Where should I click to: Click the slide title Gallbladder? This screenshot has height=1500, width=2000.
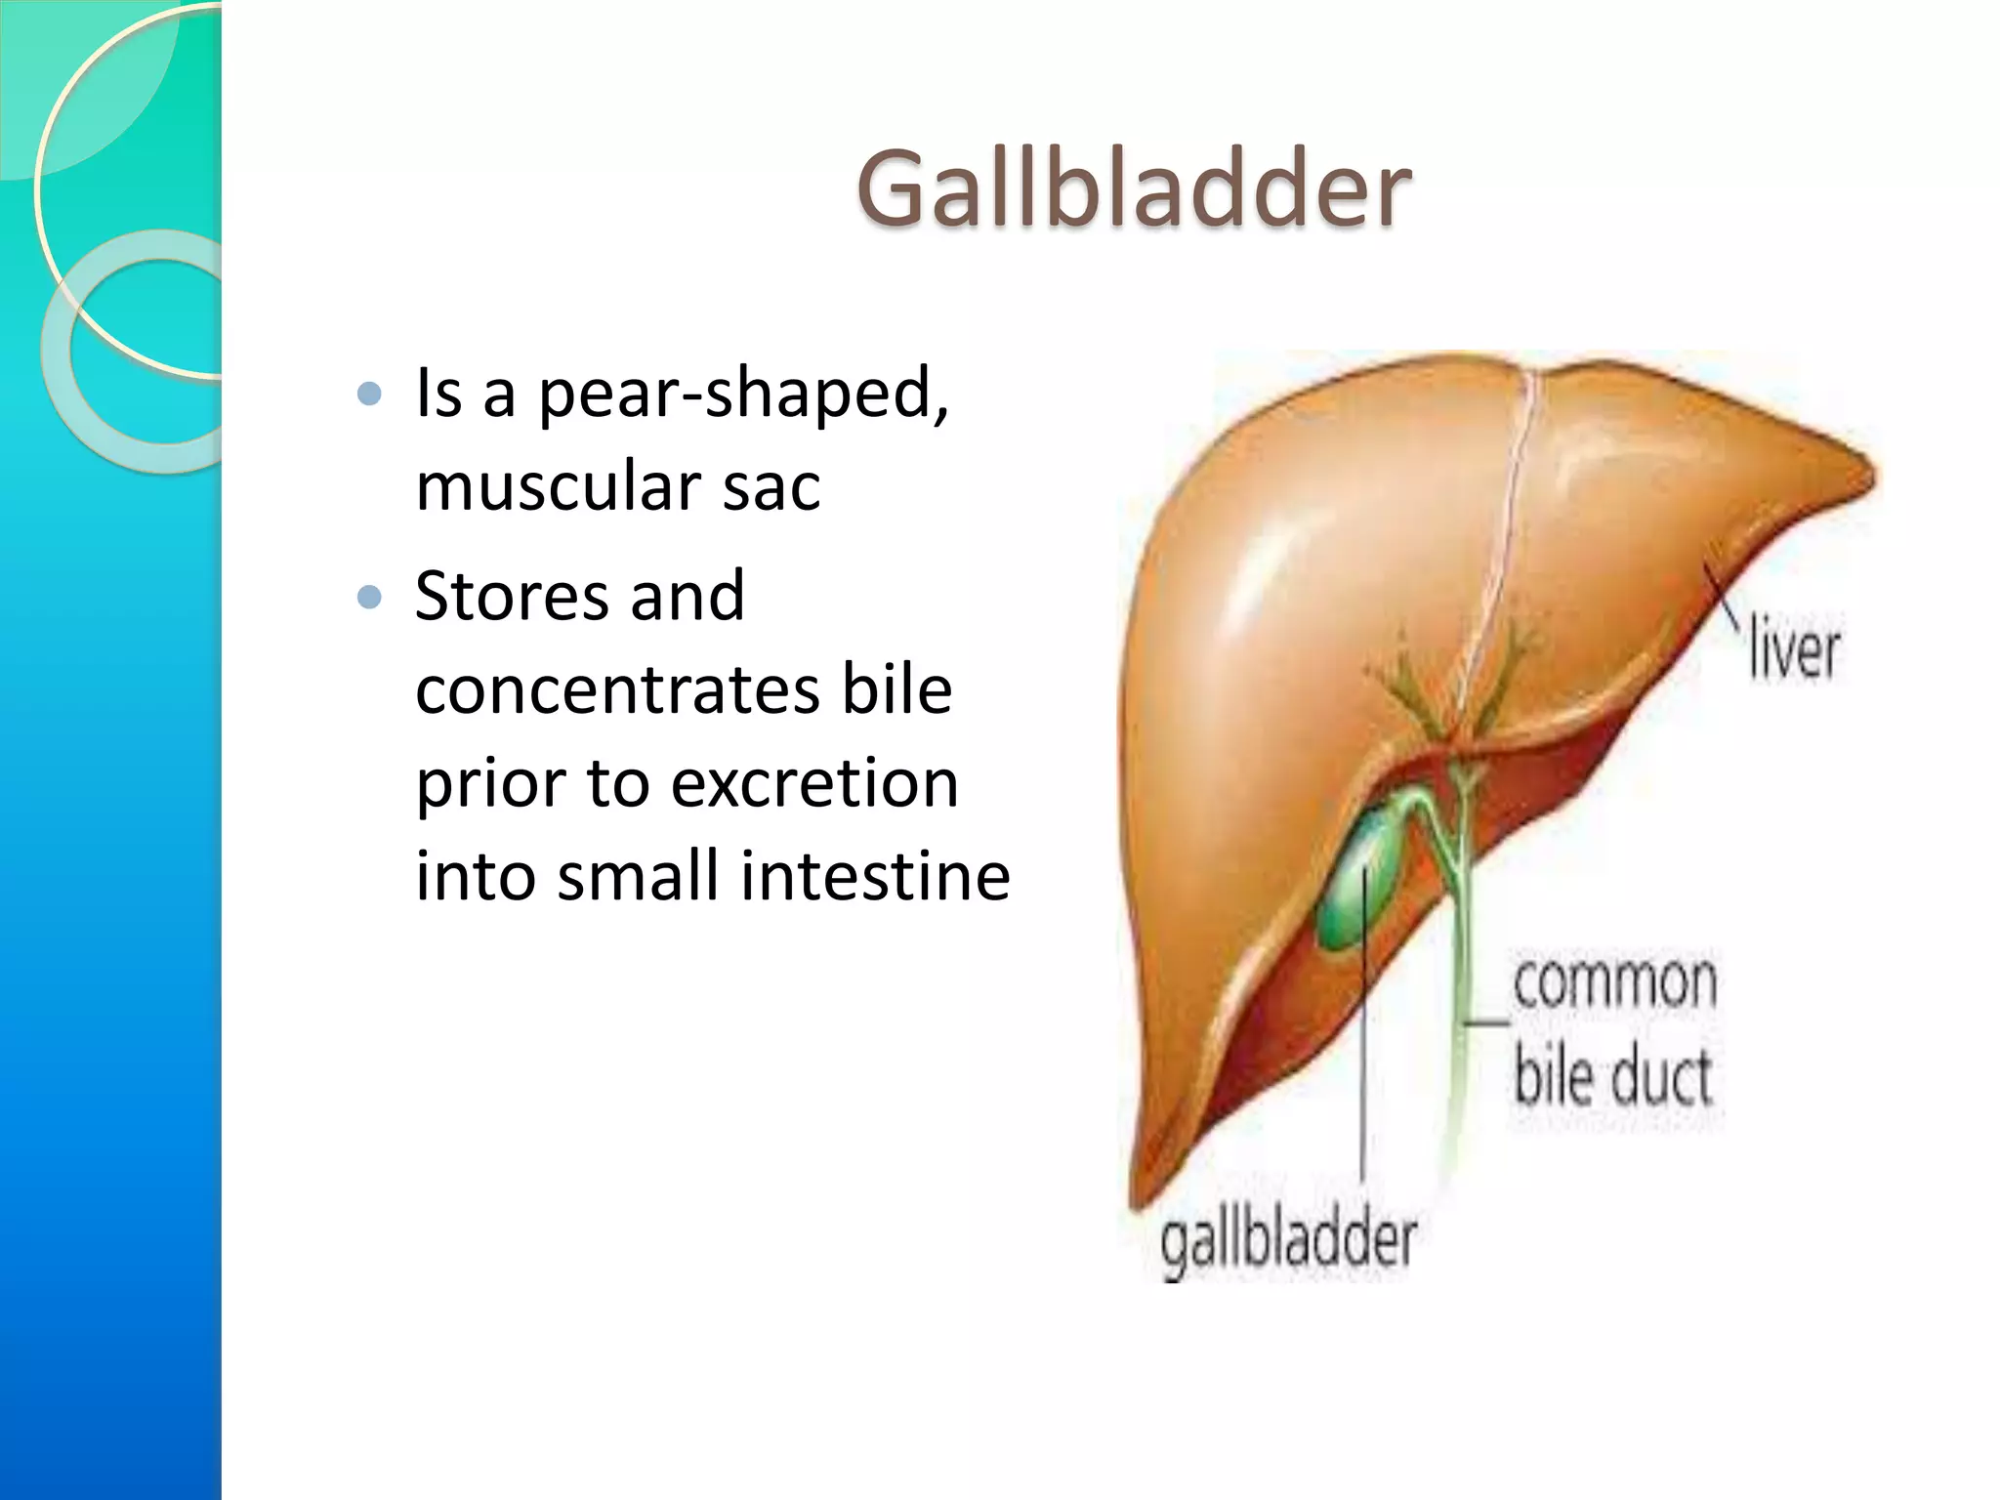[x=1133, y=187]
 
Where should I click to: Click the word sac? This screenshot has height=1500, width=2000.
[x=771, y=486]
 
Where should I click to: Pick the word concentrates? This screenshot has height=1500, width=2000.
[x=616, y=689]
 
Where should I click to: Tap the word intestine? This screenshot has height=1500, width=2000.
[x=875, y=875]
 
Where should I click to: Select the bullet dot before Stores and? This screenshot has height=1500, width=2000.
[x=369, y=597]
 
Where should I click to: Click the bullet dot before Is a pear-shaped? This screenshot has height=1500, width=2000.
[x=369, y=394]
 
